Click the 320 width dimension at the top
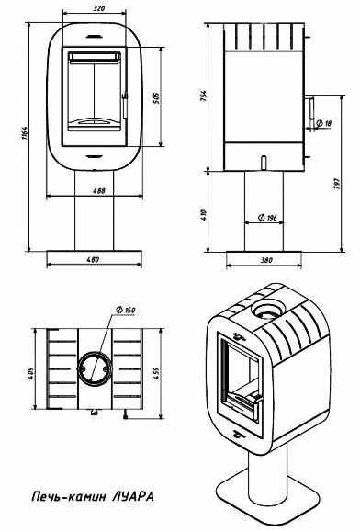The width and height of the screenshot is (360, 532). click(98, 8)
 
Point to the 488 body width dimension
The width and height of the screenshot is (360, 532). click(99, 191)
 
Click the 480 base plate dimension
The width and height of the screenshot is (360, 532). click(93, 259)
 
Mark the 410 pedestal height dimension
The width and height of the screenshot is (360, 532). click(203, 215)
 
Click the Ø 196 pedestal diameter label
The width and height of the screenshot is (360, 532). click(267, 218)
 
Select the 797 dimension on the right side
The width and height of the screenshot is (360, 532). click(337, 183)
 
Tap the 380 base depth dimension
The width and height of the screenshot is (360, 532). click(266, 260)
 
